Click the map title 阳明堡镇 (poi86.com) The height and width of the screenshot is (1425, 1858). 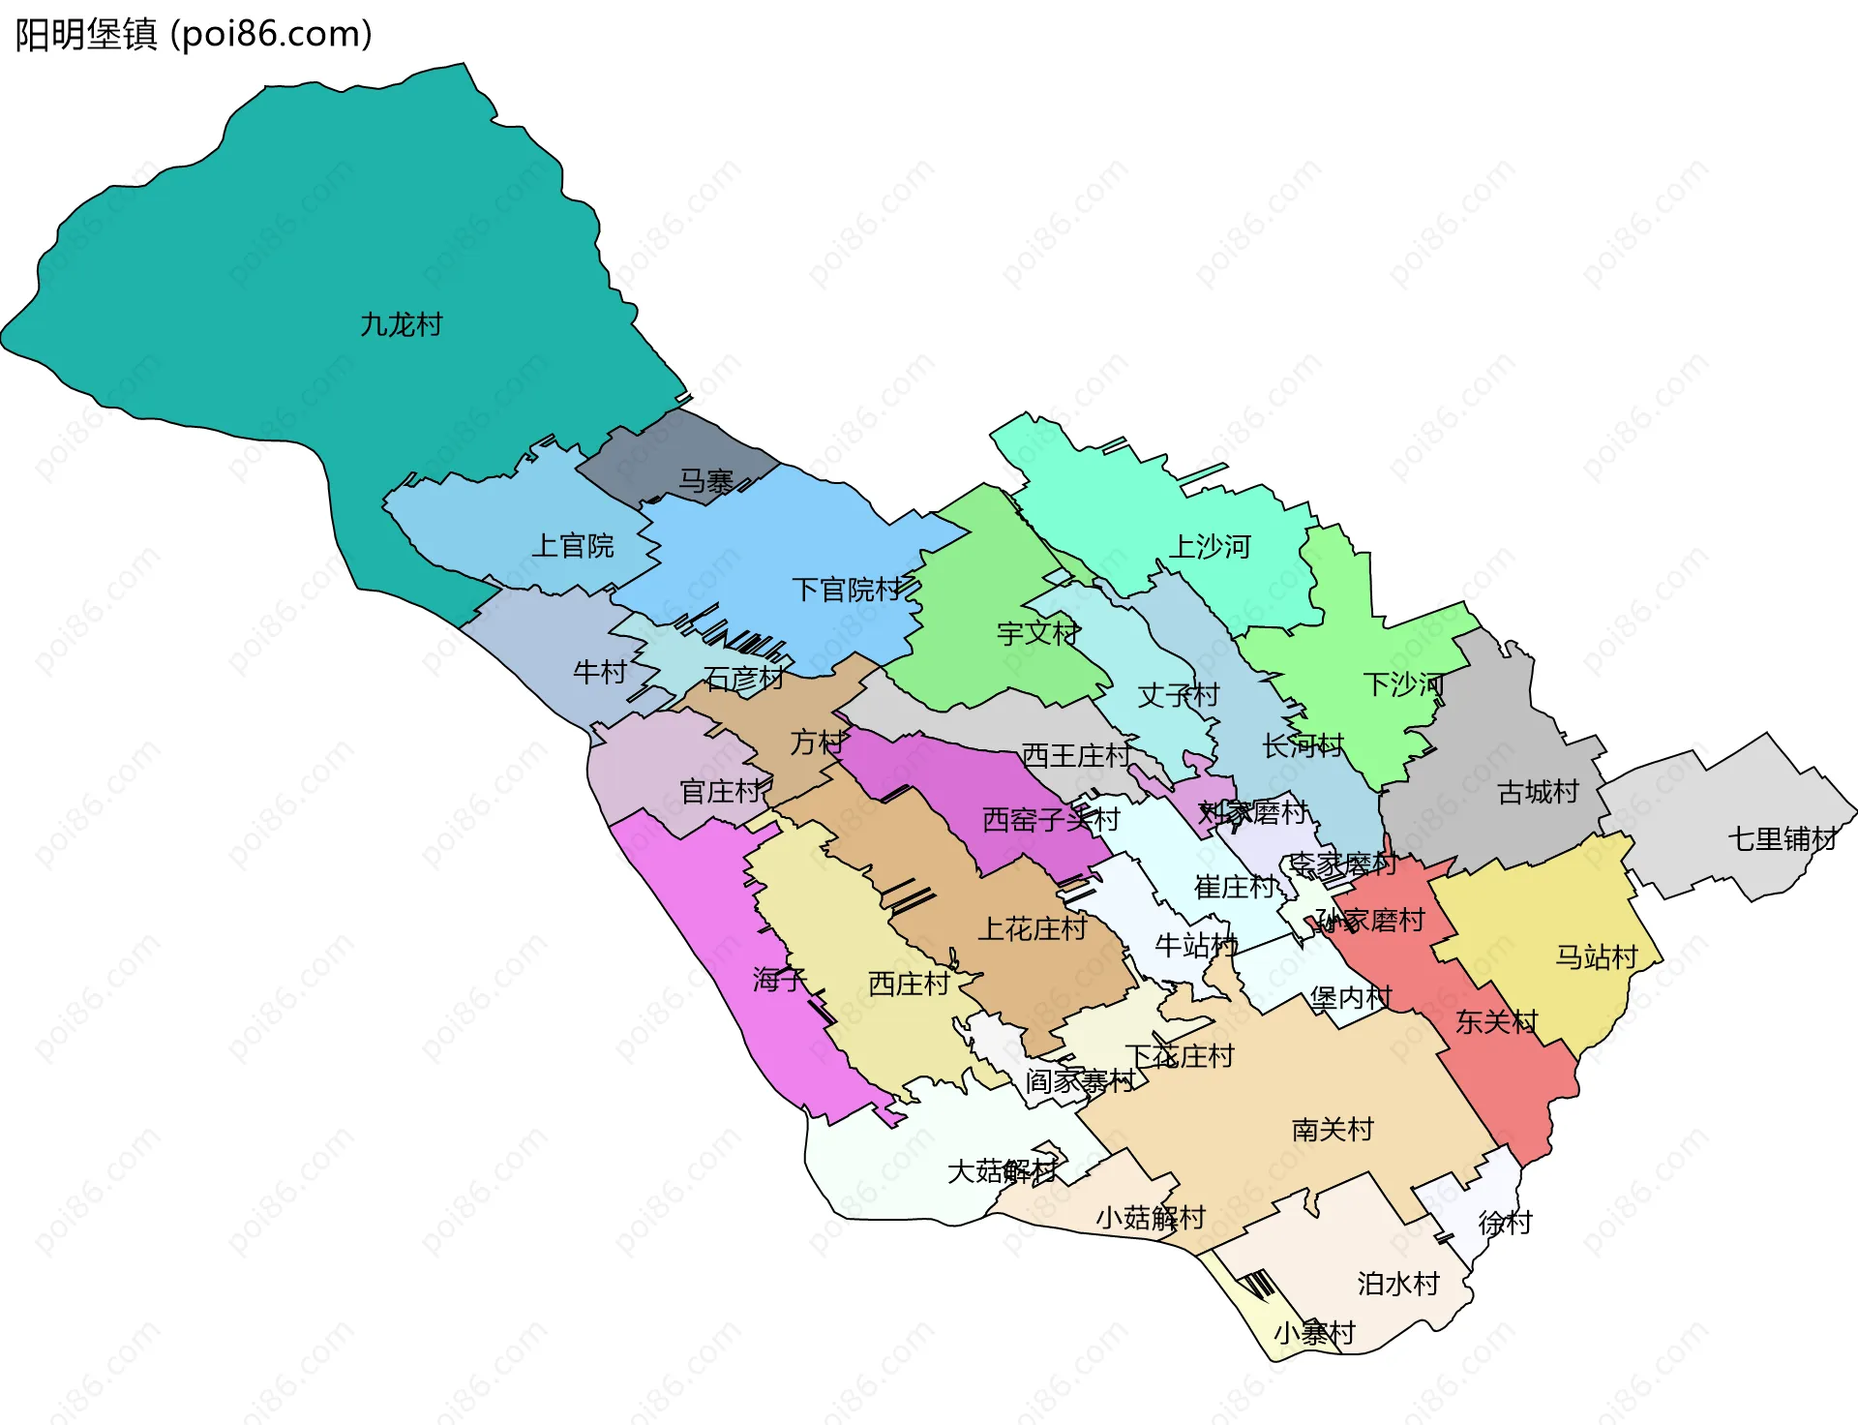pyautogui.click(x=194, y=35)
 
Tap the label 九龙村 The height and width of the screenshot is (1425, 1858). pyautogui.click(x=401, y=324)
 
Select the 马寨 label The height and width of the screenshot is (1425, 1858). pyautogui.click(x=705, y=481)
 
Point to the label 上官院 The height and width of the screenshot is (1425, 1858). pyautogui.click(x=572, y=546)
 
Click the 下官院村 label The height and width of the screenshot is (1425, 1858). pyautogui.click(x=847, y=590)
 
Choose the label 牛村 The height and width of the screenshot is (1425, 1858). pyautogui.click(x=600, y=672)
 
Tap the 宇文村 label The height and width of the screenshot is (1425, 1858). pyautogui.click(x=1038, y=634)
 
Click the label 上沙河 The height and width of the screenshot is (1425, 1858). pyautogui.click(x=1211, y=547)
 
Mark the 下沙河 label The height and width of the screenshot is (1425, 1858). pyautogui.click(x=1403, y=684)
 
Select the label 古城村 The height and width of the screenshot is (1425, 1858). pyautogui.click(x=1538, y=792)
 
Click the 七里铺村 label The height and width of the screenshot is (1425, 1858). pyautogui.click(x=1783, y=838)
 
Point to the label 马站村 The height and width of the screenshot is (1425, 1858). pyautogui.click(x=1596, y=957)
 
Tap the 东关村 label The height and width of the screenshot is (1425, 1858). pyautogui.click(x=1496, y=1021)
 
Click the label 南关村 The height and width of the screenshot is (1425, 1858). pyautogui.click(x=1333, y=1129)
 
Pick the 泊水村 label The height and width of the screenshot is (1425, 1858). pyautogui.click(x=1397, y=1284)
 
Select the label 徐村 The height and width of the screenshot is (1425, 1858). pyautogui.click(x=1505, y=1223)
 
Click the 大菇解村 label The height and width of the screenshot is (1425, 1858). pyautogui.click(x=1002, y=1171)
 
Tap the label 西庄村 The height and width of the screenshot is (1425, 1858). pyautogui.click(x=909, y=984)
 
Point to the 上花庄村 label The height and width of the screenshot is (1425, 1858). pyautogui.click(x=1033, y=929)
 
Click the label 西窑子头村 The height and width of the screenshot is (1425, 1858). pyautogui.click(x=1050, y=820)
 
